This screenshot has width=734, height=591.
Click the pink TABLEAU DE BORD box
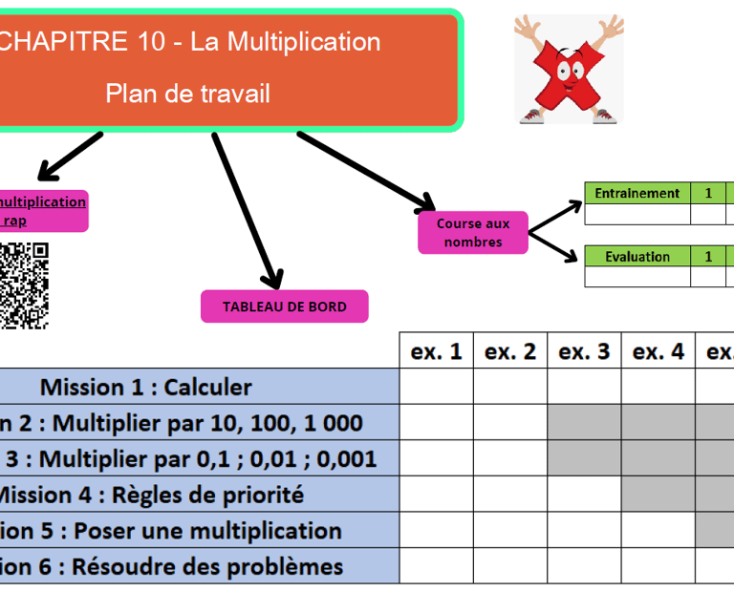284,306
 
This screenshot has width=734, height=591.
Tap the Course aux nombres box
473,233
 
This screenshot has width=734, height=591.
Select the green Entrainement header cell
637,193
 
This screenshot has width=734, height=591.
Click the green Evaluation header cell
637,256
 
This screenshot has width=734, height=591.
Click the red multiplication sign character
569,72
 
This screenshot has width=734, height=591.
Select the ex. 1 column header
436,351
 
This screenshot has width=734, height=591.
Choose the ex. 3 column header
584,351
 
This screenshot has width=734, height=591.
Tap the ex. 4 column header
658,351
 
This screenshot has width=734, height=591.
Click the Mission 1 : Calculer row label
145,387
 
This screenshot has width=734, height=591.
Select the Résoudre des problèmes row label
172,566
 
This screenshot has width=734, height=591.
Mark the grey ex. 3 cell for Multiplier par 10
584,422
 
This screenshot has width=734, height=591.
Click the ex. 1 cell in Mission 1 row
436,387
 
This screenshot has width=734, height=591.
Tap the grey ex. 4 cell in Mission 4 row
658,495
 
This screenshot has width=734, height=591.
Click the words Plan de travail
187,93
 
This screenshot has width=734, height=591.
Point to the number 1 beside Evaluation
708,256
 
